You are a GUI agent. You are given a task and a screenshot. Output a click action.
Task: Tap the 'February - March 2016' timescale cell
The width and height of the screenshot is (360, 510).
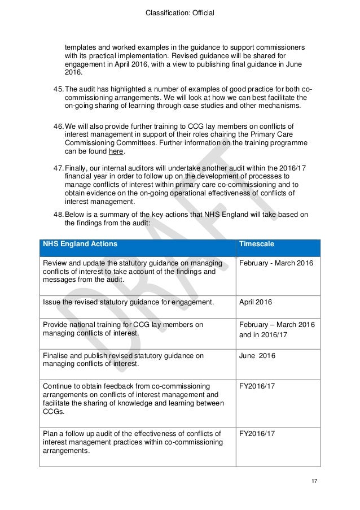276,264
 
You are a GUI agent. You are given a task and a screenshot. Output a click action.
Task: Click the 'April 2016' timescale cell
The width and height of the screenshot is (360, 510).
256,303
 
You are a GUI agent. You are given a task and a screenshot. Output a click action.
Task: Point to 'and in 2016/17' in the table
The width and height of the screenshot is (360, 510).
263,334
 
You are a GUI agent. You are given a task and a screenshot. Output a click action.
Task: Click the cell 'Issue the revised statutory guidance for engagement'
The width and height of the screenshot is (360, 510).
129,303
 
